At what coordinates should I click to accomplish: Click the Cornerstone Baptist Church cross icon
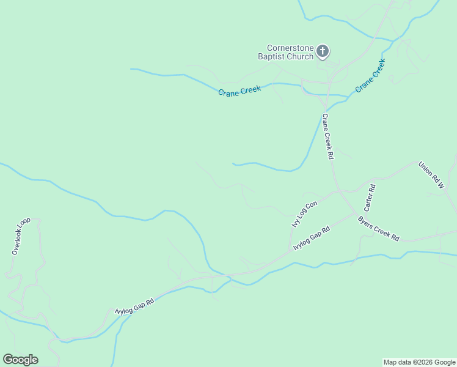[323, 51]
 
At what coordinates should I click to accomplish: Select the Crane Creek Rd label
[328, 136]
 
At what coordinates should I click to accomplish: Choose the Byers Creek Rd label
[378, 229]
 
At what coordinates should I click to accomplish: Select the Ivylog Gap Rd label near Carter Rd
[312, 238]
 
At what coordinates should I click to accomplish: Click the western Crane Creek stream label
[239, 90]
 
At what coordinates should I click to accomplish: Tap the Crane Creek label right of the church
[370, 75]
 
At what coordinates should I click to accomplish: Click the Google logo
[20, 360]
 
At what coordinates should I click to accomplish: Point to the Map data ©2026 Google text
[419, 362]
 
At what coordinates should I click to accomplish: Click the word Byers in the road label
[367, 223]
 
